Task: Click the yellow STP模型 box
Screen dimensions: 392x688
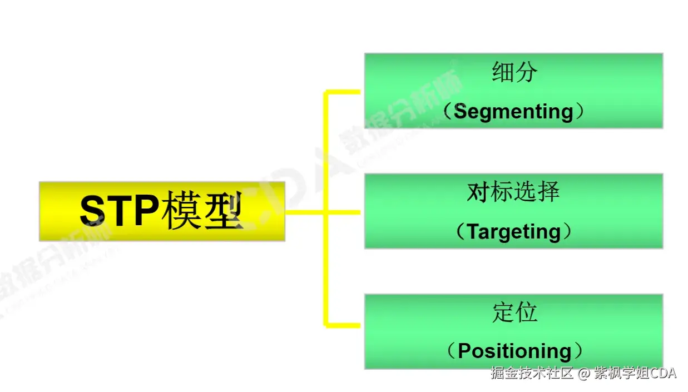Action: [x=161, y=211]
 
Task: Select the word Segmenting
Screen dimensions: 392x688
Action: [x=513, y=112]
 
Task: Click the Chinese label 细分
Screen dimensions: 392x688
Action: [x=514, y=72]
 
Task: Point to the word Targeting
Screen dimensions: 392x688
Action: [x=513, y=231]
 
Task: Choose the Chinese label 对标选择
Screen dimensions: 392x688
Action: [x=513, y=192]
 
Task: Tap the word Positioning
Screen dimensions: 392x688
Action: [x=514, y=351]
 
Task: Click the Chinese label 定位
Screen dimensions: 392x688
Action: [x=514, y=312]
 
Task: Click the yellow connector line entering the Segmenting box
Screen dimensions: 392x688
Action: [x=344, y=91]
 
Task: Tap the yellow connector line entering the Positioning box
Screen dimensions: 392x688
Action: [x=344, y=323]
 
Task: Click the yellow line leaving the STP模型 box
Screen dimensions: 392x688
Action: [x=303, y=212]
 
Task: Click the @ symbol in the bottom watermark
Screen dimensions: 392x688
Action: [x=583, y=373]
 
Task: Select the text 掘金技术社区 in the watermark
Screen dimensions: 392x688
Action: [x=531, y=373]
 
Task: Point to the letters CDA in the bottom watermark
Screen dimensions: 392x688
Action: [x=663, y=373]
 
